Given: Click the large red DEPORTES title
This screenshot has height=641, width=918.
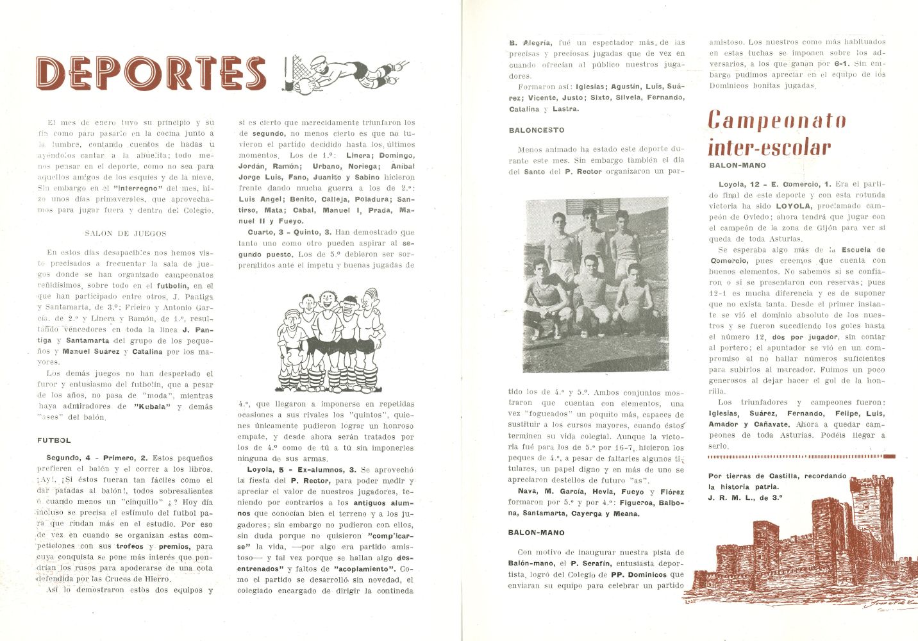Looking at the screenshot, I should pyautogui.click(x=151, y=72).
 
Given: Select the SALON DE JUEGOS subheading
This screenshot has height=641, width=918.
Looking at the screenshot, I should pyautogui.click(x=126, y=233).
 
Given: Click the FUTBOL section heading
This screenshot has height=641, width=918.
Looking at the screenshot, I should pyautogui.click(x=54, y=440).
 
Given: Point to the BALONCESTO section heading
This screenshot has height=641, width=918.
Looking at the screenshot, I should pyautogui.click(x=537, y=130).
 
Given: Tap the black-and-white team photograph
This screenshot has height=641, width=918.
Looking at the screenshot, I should pyautogui.click(x=596, y=285).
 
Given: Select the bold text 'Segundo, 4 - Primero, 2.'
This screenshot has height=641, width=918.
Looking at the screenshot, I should pyautogui.click(x=97, y=458).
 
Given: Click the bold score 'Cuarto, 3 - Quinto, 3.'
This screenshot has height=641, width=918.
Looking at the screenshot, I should pyautogui.click(x=289, y=232).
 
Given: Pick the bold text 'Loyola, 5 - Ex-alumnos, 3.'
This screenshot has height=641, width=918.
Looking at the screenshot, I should pyautogui.click(x=302, y=470).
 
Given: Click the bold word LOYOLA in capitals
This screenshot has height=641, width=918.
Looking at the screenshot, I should pyautogui.click(x=793, y=206).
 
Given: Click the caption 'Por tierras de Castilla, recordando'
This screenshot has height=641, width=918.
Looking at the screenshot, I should pyautogui.click(x=777, y=476).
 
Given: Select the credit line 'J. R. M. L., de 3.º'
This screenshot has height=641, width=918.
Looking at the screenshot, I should pyautogui.click(x=746, y=497).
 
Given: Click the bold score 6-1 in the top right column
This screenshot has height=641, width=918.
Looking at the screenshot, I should pyautogui.click(x=842, y=63).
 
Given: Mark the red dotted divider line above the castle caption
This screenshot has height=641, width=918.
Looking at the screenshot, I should pyautogui.click(x=801, y=456).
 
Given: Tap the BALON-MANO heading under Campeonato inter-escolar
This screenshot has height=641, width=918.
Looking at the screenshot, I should pyautogui.click(x=737, y=165).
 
